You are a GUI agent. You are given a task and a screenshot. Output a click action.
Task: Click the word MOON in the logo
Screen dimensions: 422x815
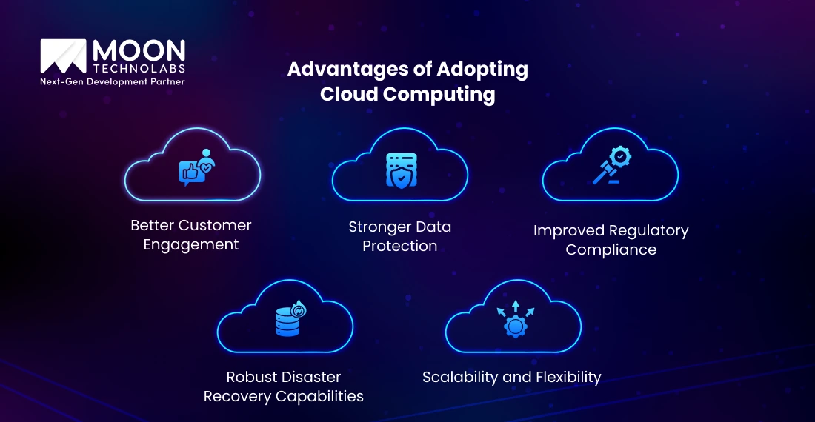click(x=139, y=51)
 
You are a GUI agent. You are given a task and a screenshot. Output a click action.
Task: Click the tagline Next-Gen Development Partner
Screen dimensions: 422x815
click(x=112, y=81)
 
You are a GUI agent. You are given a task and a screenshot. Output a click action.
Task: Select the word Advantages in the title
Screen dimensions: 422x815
click(x=345, y=70)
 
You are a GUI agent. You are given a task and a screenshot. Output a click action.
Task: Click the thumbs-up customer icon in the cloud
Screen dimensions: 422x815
click(x=195, y=170)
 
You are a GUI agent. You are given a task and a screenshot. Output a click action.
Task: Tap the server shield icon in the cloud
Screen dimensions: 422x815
click(x=400, y=170)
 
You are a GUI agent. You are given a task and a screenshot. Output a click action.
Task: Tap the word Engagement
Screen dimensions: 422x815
click(x=191, y=245)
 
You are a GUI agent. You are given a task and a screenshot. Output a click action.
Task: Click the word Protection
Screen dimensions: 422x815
click(x=400, y=247)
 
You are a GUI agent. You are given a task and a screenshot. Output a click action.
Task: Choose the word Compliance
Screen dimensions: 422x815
click(x=611, y=249)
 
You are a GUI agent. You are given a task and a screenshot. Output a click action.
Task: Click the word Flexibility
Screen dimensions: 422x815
click(x=564, y=377)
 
